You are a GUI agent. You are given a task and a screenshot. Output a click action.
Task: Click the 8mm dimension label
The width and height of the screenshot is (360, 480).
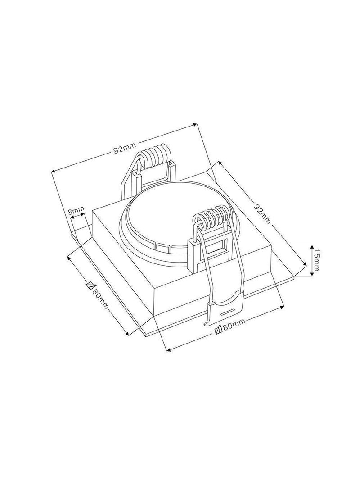pyautogui.click(x=76, y=211)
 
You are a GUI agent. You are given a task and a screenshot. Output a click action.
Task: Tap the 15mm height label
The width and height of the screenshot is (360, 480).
pyautogui.click(x=316, y=260)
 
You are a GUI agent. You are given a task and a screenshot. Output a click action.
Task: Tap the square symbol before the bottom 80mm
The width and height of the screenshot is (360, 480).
pyautogui.click(x=219, y=330)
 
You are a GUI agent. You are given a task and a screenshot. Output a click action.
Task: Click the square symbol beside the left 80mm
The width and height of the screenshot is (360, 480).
pyautogui.click(x=90, y=285)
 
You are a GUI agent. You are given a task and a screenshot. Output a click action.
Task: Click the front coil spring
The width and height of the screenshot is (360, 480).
pyautogui.click(x=211, y=217)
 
